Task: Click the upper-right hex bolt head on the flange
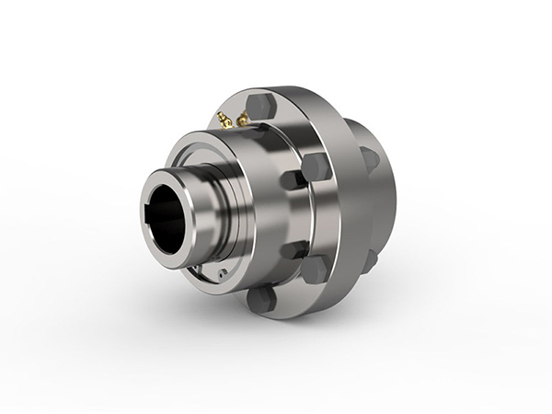(x=316, y=167)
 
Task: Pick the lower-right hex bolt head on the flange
(x=314, y=268)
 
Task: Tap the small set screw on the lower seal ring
(x=224, y=272)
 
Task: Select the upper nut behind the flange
(x=370, y=158)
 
